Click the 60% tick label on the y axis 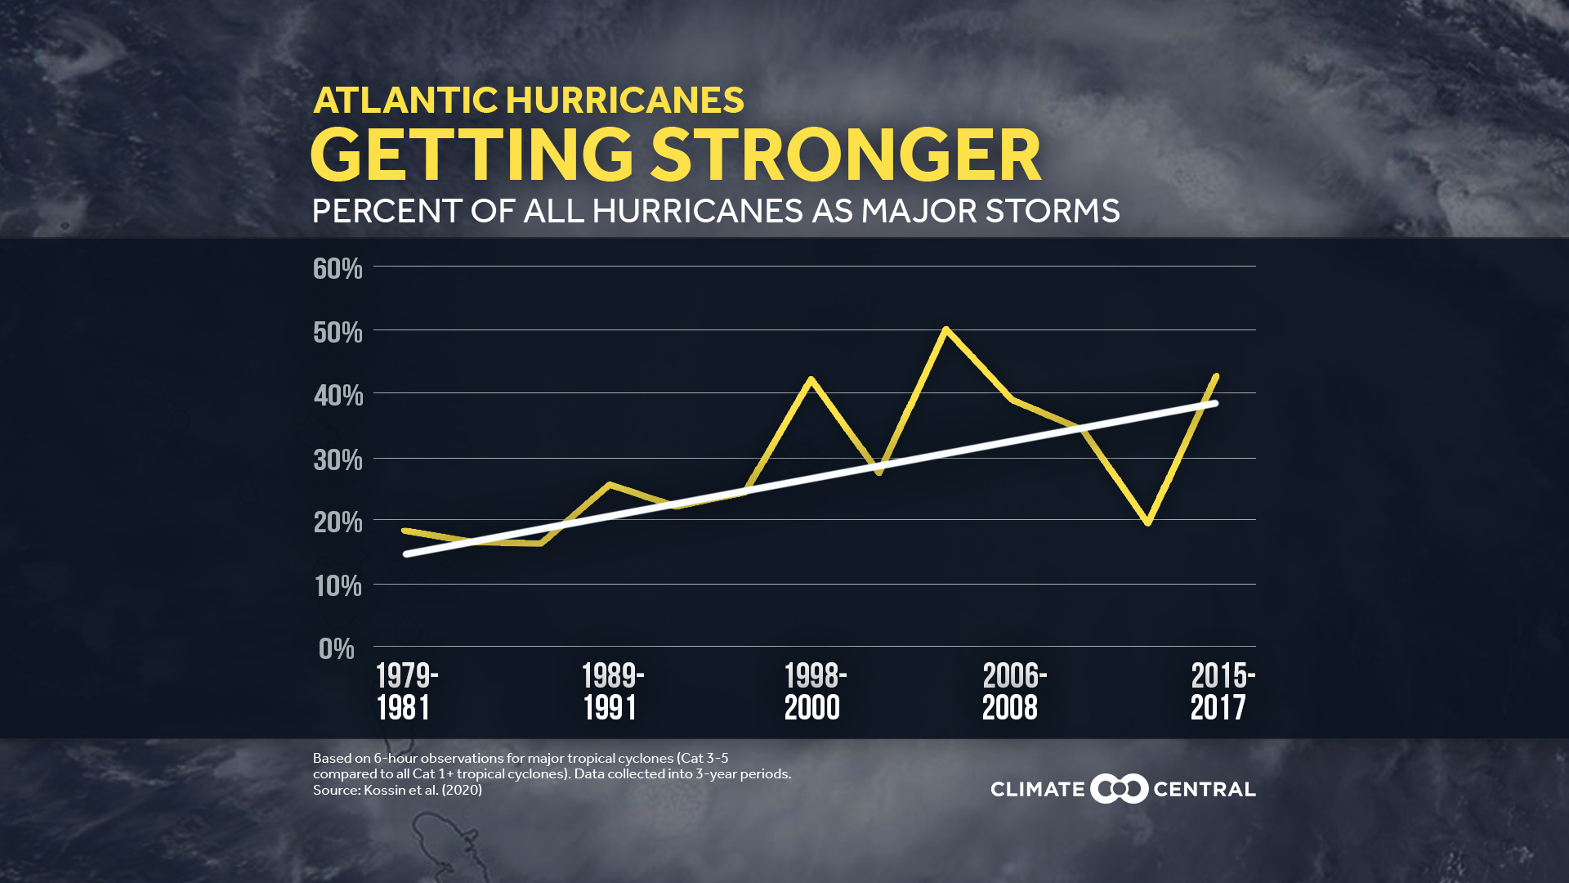tap(337, 268)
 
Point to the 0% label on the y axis tap(337, 648)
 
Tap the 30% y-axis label tap(337, 459)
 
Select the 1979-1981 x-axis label tap(406, 692)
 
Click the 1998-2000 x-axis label tap(815, 692)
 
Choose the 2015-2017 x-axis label tap(1222, 692)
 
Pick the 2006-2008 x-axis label tap(1013, 692)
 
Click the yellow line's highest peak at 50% tap(945, 329)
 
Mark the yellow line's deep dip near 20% tap(1148, 522)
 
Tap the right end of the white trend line tap(1215, 403)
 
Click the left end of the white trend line tap(406, 554)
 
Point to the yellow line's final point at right tap(1217, 376)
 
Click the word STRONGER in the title tap(846, 155)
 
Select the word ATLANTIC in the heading tap(405, 101)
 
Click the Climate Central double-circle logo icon tap(1119, 789)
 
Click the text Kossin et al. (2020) tap(422, 791)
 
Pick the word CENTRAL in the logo tap(1204, 790)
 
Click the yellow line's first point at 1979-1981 tap(405, 531)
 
